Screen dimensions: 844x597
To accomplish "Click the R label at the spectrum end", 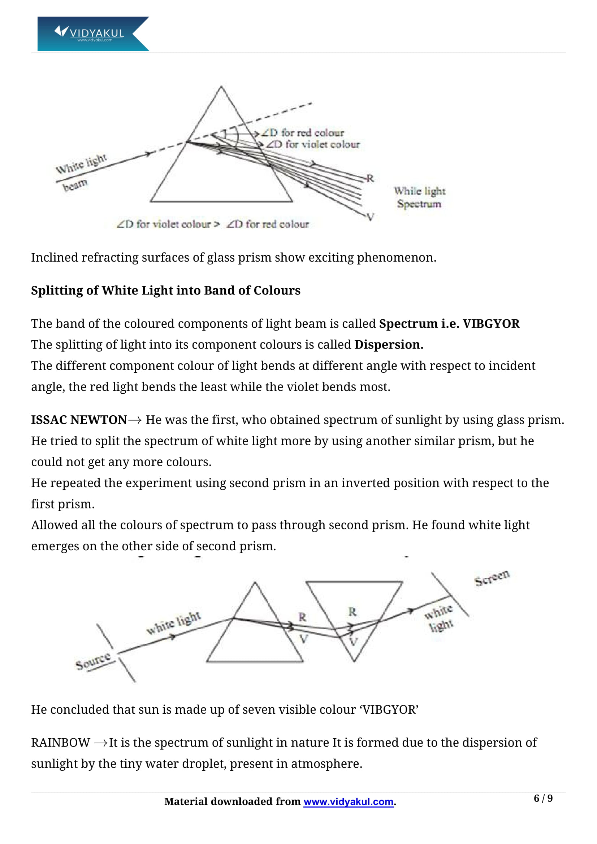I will pyautogui.click(x=370, y=178).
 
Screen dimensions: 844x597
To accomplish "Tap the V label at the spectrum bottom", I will pyautogui.click(x=371, y=217).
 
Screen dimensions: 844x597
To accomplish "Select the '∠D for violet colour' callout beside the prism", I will pyautogui.click(x=313, y=145).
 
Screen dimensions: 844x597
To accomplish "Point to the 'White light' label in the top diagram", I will pyautogui.click(x=81, y=164).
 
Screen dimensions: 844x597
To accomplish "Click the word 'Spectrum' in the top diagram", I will pyautogui.click(x=419, y=204).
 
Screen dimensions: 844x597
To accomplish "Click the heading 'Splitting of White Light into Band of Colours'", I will pyautogui.click(x=165, y=290).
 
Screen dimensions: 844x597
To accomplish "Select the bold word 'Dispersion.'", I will pyautogui.click(x=389, y=345).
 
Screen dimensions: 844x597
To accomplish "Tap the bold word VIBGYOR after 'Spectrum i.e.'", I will pyautogui.click(x=491, y=323).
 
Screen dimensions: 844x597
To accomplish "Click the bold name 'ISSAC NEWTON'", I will pyautogui.click(x=79, y=420).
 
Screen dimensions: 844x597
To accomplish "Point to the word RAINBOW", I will pyautogui.click(x=60, y=743).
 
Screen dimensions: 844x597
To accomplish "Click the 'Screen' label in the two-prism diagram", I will pyautogui.click(x=492, y=577).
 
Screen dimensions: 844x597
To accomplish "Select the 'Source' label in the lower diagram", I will pyautogui.click(x=93, y=661).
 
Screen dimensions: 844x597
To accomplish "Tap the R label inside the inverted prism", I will pyautogui.click(x=352, y=612).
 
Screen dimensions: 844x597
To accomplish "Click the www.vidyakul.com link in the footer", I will pyautogui.click(x=349, y=801).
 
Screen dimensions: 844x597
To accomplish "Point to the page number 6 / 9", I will pyautogui.click(x=543, y=799).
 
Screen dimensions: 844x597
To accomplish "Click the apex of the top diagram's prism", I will pyautogui.click(x=221, y=87).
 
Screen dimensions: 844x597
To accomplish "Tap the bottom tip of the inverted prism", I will pyautogui.click(x=354, y=661).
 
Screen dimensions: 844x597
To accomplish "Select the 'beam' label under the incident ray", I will pyautogui.click(x=75, y=185).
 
